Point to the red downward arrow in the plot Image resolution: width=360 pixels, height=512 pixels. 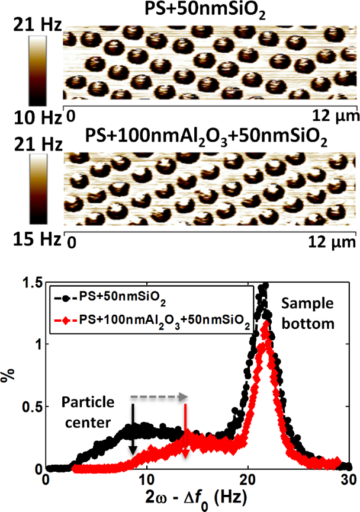pos(185,430)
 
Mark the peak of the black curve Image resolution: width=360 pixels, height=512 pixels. pos(265,285)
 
